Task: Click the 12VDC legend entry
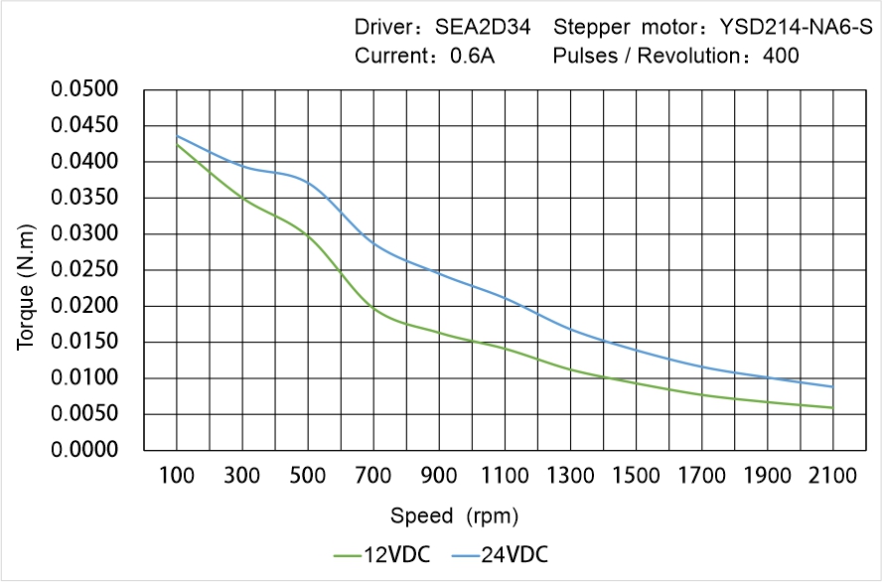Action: [x=383, y=554]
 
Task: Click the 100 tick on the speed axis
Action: [x=178, y=476]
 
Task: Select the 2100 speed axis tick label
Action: [x=832, y=476]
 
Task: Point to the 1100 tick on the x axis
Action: [x=506, y=476]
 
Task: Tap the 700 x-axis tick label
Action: [x=374, y=476]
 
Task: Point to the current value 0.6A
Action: [x=473, y=57]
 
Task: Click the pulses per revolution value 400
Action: [x=780, y=57]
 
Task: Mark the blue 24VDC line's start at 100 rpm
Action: [x=178, y=136]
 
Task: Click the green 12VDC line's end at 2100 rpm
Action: [x=832, y=407]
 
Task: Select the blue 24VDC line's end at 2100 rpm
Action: [x=832, y=386]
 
